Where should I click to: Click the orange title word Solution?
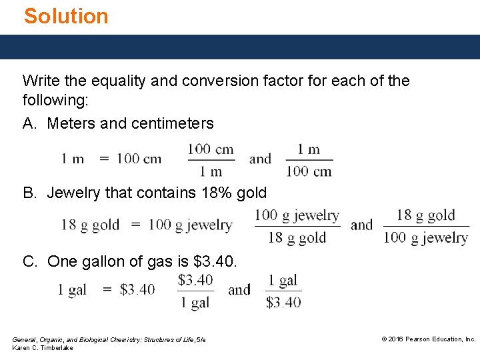click(66, 16)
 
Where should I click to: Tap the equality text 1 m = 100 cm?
click(111, 159)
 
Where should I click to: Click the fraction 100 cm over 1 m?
click(211, 159)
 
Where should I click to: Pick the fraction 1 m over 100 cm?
click(309, 159)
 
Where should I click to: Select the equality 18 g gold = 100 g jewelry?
click(147, 225)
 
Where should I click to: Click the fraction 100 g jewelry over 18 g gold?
click(297, 226)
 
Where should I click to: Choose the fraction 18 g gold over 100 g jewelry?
click(425, 226)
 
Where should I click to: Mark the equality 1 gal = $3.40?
click(106, 289)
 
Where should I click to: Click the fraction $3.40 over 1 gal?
click(195, 291)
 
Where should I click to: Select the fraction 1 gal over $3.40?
click(283, 291)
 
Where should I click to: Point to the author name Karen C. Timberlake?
click(43, 349)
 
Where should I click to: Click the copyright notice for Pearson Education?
click(428, 339)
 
